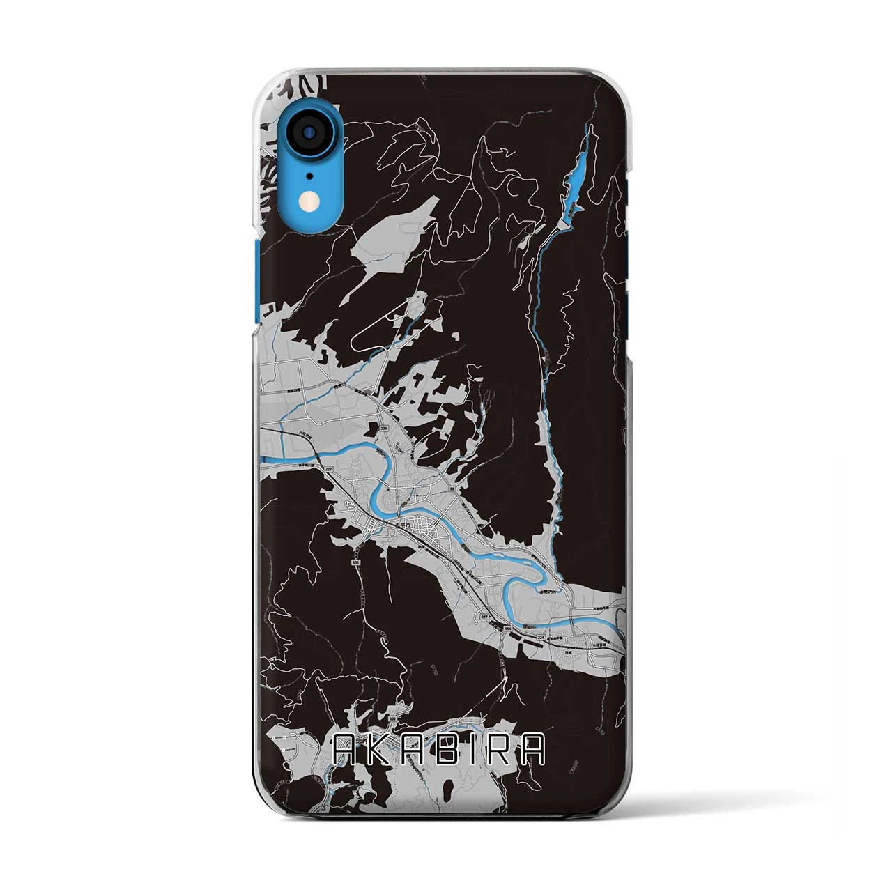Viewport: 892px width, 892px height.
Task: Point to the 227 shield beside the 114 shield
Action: tap(482, 616)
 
